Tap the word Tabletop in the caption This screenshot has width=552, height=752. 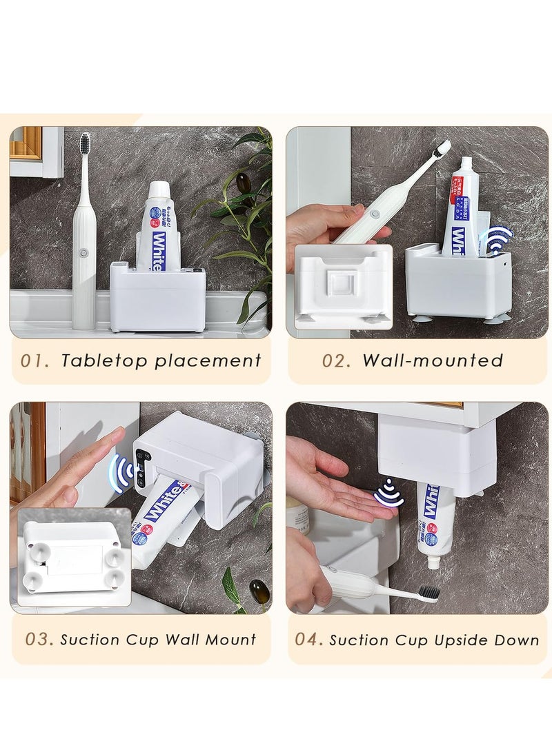103,360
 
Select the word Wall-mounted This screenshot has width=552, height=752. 433,360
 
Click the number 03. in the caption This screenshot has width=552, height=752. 39,639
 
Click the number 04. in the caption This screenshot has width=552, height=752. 309,639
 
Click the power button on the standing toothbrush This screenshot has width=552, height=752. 84,253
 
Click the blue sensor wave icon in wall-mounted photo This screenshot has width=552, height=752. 498,241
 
